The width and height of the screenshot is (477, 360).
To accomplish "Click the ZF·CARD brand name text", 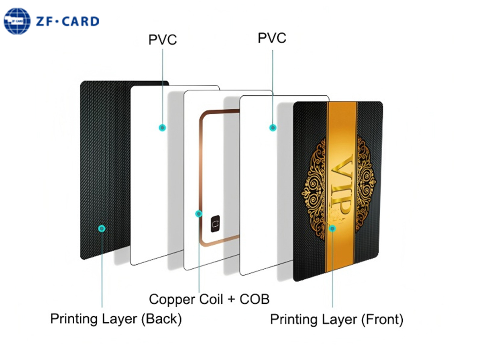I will (67, 21).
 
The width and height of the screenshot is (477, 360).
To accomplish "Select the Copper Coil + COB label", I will (209, 299).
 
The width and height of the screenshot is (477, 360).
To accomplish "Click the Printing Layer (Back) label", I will (116, 319).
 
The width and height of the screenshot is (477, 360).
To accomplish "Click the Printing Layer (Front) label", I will (336, 319).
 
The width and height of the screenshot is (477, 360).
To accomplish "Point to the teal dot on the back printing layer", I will (102, 228).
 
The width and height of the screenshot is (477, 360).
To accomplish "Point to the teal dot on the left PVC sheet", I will (162, 127).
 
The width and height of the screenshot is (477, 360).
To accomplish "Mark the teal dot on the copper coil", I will (198, 213).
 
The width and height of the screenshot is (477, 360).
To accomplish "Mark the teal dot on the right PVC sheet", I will (273, 128).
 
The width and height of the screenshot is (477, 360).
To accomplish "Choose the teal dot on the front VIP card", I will (332, 228).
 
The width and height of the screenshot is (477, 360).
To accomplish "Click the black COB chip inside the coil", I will (216, 223).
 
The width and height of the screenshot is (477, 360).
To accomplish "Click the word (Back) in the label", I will (162, 319).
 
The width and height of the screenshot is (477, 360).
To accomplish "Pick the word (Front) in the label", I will (382, 319).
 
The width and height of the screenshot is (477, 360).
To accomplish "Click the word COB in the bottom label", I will (255, 299).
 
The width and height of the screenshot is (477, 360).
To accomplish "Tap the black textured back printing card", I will (104, 169).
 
